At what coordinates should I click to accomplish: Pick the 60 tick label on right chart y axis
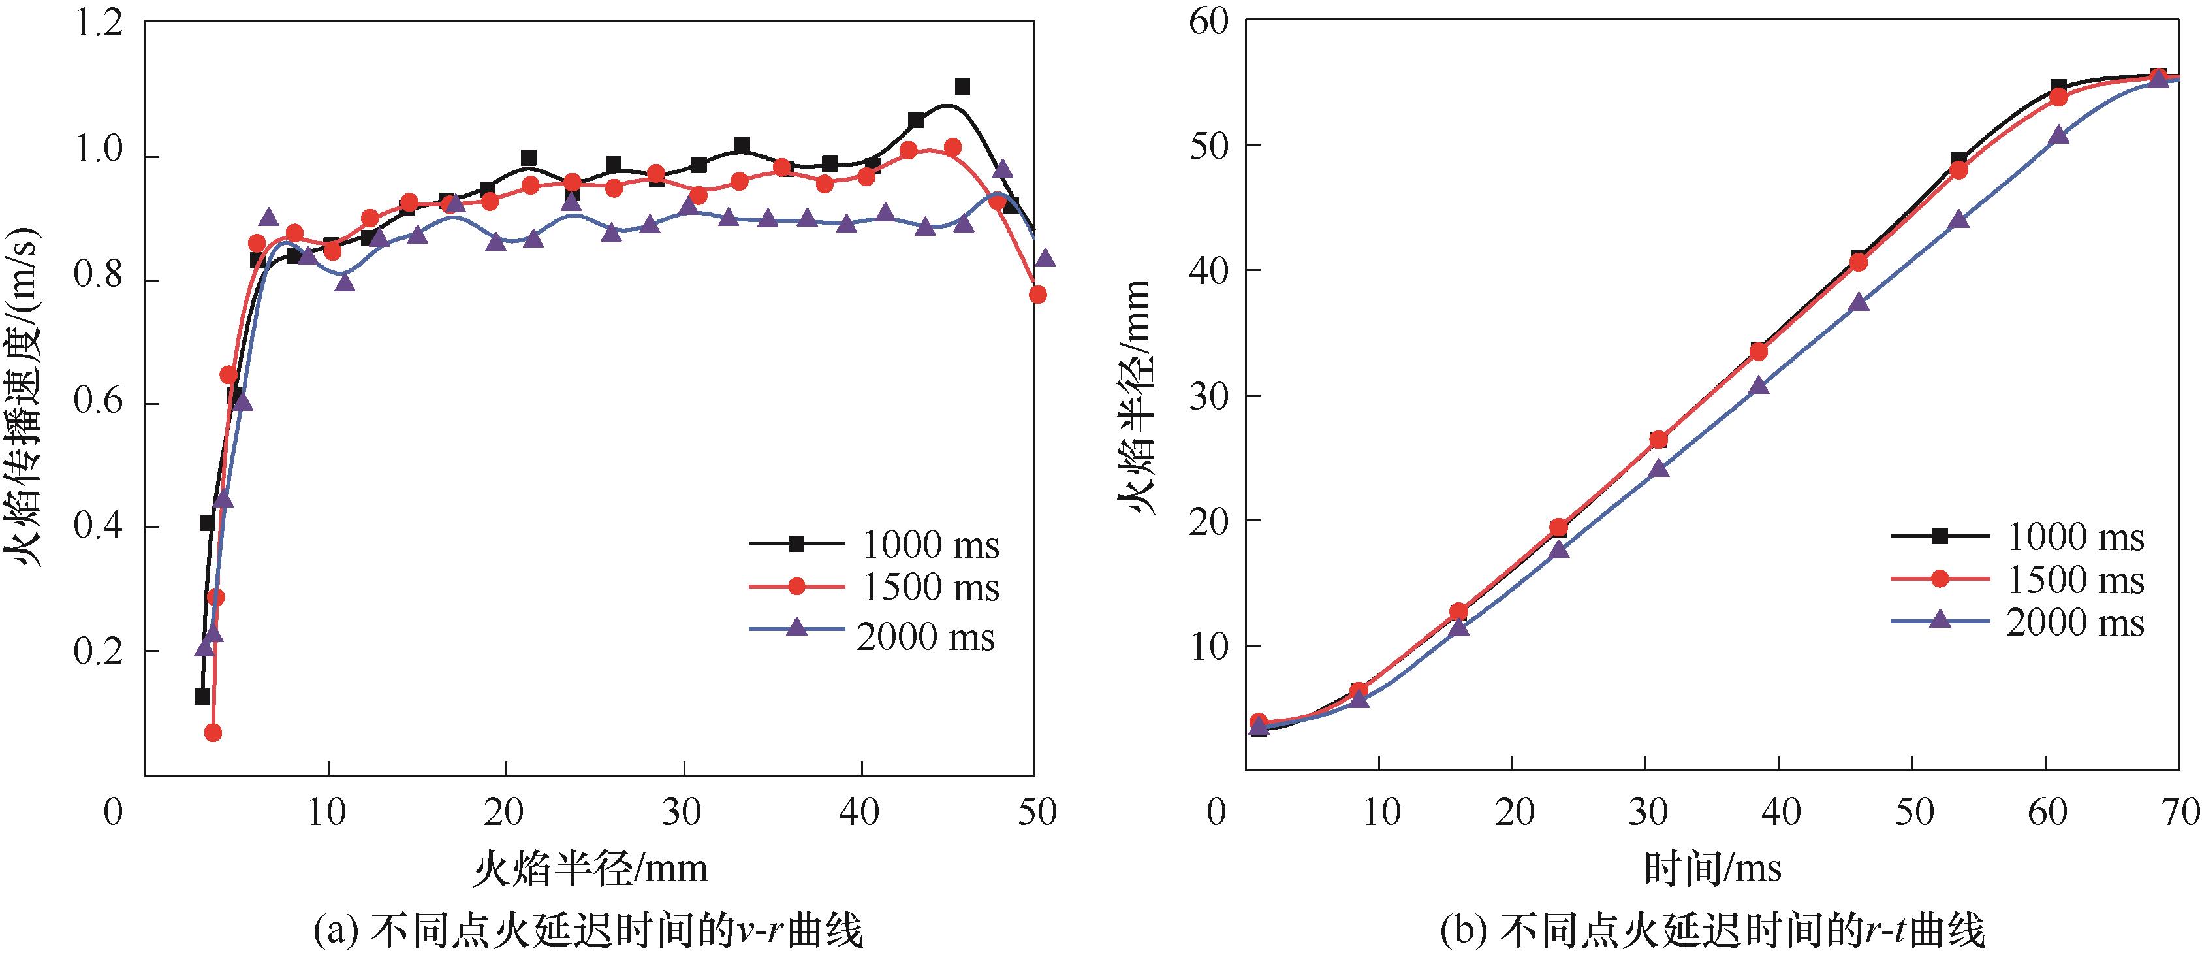coord(1208,22)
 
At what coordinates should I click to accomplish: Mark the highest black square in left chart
coord(962,86)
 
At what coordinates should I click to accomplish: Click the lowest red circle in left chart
coord(213,733)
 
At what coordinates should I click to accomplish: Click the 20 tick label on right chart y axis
coord(1208,521)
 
